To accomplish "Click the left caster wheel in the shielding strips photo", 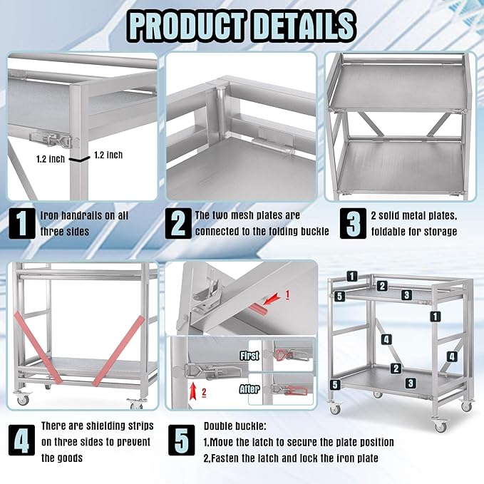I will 23,400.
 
